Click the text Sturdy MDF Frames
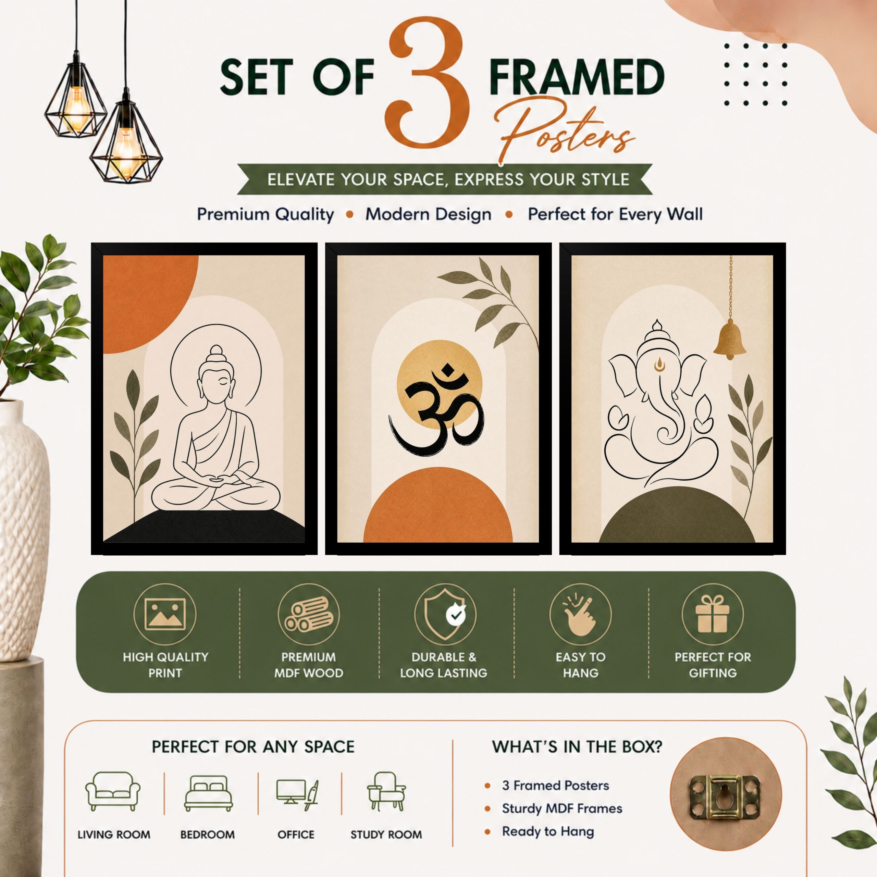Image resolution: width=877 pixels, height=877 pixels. (562, 808)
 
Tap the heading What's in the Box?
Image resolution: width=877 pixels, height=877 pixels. (577, 747)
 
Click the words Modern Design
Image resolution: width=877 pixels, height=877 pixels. (428, 214)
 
